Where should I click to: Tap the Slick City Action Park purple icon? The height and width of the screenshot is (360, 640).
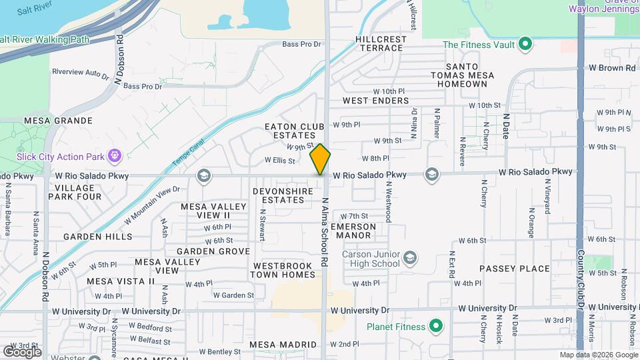pos(115,155)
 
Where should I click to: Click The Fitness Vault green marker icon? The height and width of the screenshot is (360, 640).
pos(525,45)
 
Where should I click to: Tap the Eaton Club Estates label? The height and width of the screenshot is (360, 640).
pos(294,131)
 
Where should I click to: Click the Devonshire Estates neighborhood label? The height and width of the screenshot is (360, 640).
pos(283,195)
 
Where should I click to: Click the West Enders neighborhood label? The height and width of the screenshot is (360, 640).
pos(375,101)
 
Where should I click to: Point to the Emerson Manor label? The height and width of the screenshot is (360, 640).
pos(353,231)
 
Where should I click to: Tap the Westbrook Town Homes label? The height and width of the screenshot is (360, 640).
pos(283,270)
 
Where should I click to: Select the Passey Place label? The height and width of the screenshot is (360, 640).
pos(515,269)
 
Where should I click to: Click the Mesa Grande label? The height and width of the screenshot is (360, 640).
pos(58,121)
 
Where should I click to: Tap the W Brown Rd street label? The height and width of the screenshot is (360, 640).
pos(611,68)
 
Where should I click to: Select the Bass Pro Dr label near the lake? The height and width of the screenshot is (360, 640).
pos(301,45)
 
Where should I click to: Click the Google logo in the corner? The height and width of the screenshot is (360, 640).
pos(22,351)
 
